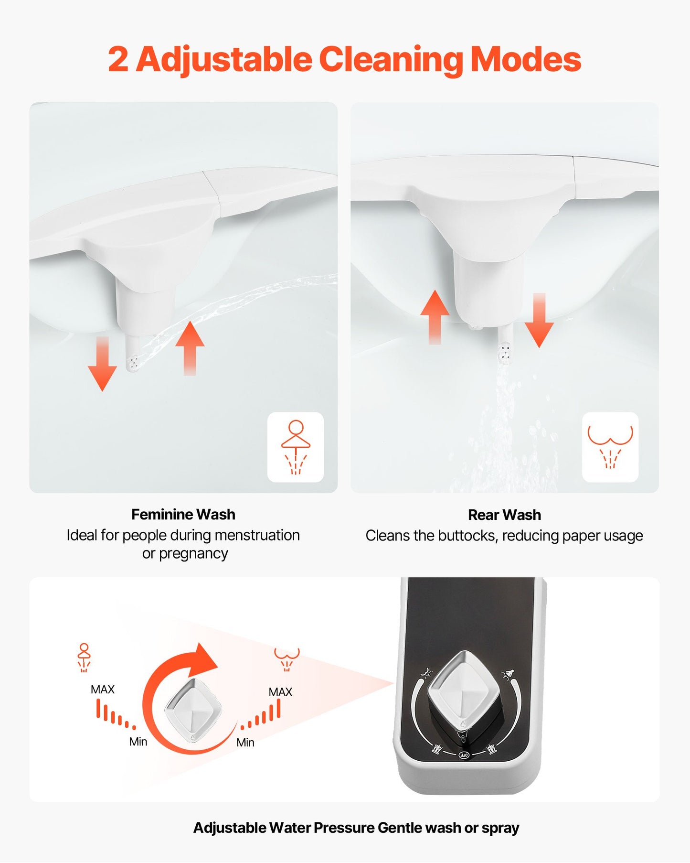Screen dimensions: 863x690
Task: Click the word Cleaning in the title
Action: click(391, 60)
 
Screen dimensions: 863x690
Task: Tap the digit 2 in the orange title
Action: click(118, 60)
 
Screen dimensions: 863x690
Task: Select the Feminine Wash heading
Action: click(183, 515)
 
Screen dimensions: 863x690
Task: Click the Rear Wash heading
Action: click(504, 515)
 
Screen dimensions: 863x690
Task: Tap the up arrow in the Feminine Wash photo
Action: click(190, 347)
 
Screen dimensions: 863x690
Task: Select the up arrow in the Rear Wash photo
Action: click(435, 316)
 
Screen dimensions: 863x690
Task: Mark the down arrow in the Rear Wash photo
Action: click(539, 321)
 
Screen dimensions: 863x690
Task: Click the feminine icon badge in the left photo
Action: click(296, 447)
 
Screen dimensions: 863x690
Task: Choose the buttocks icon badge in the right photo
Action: click(610, 447)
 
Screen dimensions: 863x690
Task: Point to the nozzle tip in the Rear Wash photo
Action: click(504, 354)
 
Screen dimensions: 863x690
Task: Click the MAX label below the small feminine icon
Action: click(103, 690)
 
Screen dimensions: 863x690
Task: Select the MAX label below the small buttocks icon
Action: click(280, 692)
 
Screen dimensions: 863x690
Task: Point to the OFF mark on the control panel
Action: click(464, 755)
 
